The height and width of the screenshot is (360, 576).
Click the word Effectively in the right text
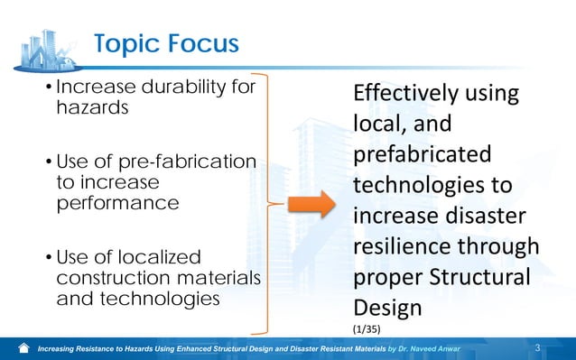405,94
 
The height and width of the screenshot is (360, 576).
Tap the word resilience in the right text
403,247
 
